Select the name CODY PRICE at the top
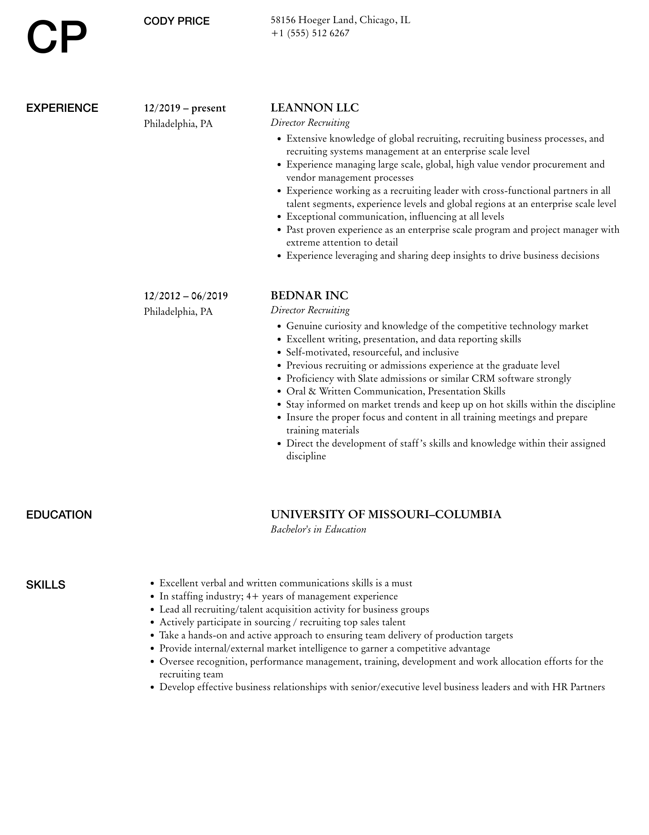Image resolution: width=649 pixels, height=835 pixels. [x=177, y=21]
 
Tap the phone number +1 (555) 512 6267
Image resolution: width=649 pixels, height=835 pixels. [x=310, y=33]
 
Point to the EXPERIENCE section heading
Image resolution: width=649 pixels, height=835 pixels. [x=62, y=108]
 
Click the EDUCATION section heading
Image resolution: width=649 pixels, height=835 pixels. [x=59, y=515]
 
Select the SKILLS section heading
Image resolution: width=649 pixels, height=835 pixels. [x=46, y=585]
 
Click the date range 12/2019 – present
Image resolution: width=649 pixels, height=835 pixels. [x=185, y=108]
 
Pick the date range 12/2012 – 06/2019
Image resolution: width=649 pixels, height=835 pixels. [x=186, y=296]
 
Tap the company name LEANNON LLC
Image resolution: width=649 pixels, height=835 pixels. [x=315, y=108]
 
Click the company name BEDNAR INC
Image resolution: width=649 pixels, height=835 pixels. [x=309, y=295]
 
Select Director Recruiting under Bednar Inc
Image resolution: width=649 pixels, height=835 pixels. [x=310, y=310]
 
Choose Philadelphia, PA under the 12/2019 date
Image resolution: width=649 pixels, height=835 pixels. [x=178, y=124]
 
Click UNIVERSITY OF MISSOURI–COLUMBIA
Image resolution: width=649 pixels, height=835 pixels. [x=386, y=514]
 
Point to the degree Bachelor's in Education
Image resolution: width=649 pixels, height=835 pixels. [x=318, y=529]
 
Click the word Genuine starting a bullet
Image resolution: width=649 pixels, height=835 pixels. [x=304, y=326]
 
